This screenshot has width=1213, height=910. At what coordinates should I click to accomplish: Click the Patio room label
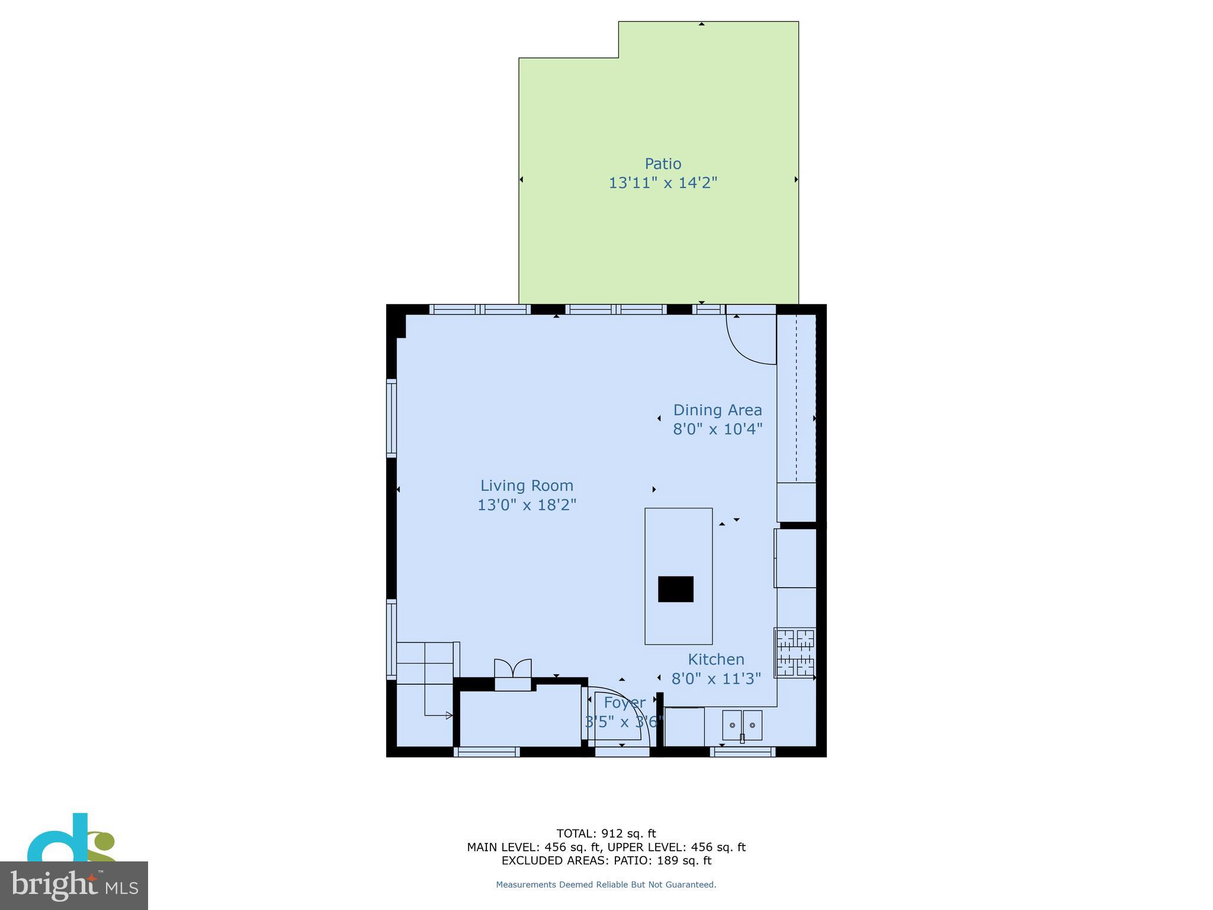663,164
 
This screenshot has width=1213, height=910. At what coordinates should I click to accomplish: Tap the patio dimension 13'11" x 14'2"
663,182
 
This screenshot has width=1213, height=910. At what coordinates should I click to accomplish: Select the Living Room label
527,486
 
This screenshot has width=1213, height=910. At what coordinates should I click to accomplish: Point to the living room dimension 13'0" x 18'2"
527,505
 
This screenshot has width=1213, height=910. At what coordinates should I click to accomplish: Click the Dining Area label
717,410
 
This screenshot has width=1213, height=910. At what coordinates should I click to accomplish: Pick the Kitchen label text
715,659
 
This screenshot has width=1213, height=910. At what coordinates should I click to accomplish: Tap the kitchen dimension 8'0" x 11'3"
715,678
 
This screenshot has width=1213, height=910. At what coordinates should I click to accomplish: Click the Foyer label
624,703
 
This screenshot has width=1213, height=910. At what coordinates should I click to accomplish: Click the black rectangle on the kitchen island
675,589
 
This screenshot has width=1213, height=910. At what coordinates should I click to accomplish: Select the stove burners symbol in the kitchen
795,652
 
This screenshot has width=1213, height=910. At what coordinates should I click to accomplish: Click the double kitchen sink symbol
742,725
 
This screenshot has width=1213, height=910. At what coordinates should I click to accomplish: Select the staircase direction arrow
448,716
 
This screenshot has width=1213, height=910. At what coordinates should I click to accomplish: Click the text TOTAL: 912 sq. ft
606,834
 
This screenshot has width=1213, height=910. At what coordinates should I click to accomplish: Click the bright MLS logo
73,885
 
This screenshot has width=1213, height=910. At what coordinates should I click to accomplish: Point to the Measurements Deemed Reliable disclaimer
606,885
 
